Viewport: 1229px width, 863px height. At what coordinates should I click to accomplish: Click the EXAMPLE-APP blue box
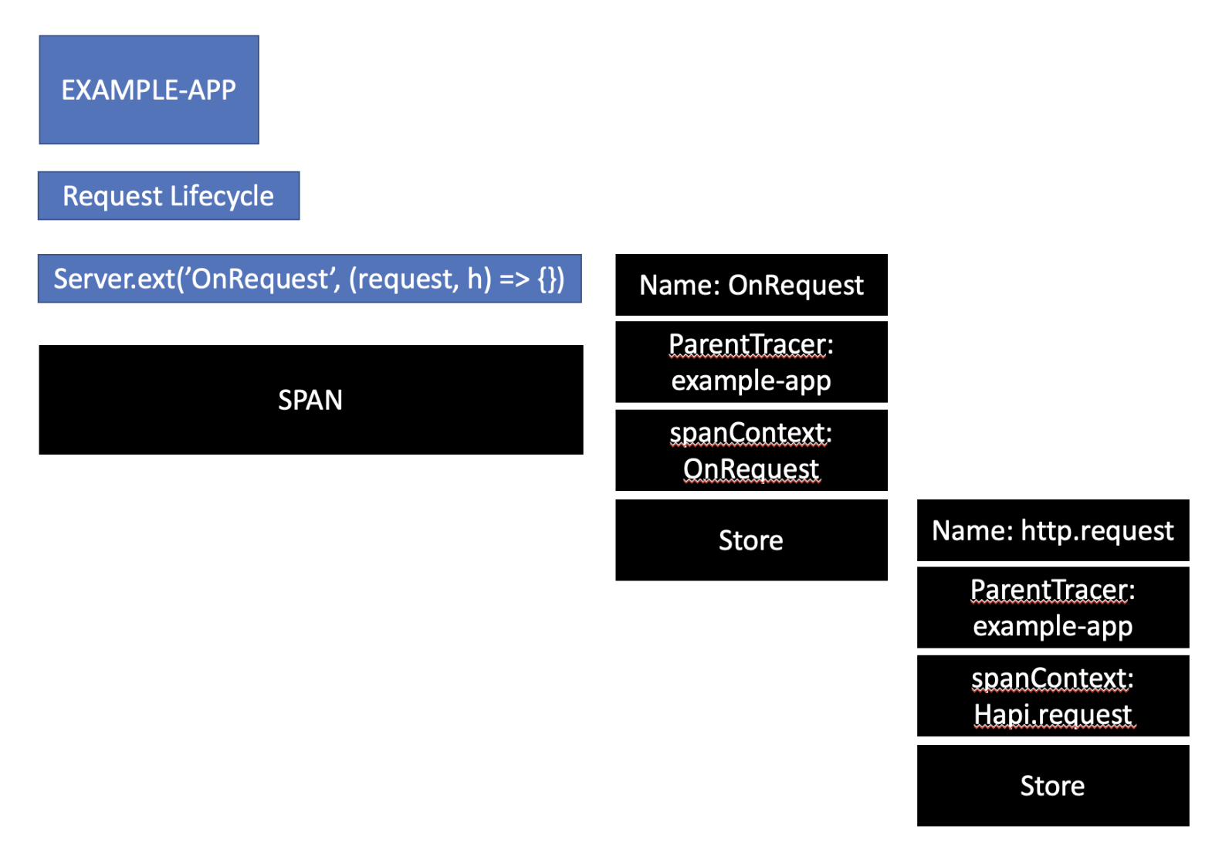tap(149, 90)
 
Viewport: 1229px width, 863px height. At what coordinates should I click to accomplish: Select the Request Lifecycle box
tap(168, 196)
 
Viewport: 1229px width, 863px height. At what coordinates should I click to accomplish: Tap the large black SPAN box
tap(310, 400)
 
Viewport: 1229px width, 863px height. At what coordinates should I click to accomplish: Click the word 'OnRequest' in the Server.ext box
tap(260, 279)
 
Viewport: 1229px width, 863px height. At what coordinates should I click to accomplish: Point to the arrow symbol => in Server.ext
tap(514, 279)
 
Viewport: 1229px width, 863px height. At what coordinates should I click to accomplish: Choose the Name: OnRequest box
tap(751, 285)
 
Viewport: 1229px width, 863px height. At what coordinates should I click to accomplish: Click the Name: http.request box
tap(1052, 530)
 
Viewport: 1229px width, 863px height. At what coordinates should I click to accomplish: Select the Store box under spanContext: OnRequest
tap(751, 540)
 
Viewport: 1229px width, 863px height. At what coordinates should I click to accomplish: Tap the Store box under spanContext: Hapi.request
tap(1052, 786)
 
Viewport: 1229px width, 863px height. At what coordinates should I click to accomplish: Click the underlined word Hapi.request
tap(1052, 715)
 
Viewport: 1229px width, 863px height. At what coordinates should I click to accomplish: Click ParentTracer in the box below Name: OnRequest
tap(747, 344)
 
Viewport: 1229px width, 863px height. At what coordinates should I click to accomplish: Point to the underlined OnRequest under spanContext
tap(751, 469)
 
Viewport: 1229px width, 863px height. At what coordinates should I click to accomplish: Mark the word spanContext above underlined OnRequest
tap(747, 433)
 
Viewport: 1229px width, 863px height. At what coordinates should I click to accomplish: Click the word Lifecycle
tap(222, 196)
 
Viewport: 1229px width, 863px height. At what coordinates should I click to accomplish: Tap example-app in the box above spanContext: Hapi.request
tap(1052, 626)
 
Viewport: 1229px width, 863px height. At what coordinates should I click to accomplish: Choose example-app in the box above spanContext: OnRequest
tap(751, 381)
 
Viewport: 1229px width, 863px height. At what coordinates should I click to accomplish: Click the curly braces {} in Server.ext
tap(547, 279)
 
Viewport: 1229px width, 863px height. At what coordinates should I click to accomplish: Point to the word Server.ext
tap(115, 279)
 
